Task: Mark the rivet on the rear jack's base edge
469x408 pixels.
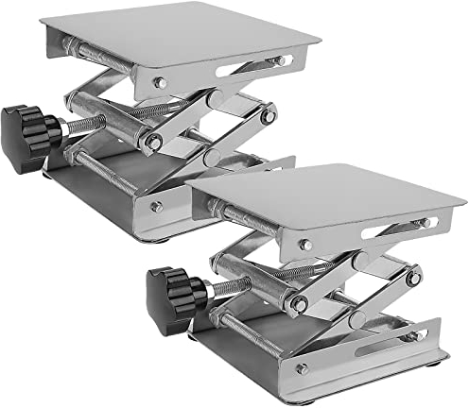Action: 156,206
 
